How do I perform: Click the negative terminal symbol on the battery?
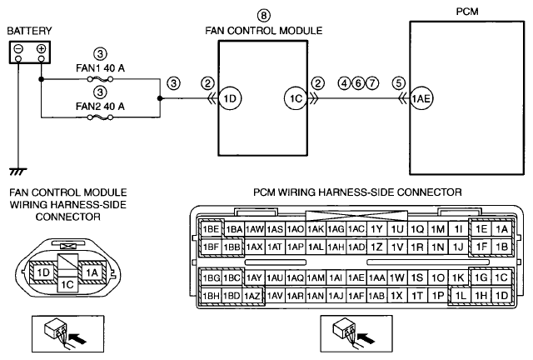[18, 48]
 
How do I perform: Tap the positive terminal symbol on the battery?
[41, 48]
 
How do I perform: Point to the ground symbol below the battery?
[18, 172]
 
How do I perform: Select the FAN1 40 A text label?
[100, 68]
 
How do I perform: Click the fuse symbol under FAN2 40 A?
[100, 117]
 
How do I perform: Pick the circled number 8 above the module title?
[263, 16]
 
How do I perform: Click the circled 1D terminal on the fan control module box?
[230, 98]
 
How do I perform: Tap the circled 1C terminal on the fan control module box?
[296, 98]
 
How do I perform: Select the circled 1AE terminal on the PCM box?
[421, 98]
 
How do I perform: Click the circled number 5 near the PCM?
[398, 83]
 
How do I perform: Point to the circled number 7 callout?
[372, 83]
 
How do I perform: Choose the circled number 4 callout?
[344, 83]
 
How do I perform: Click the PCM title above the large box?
[467, 12]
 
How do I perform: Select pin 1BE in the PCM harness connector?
[211, 229]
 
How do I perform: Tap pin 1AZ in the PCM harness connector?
[252, 296]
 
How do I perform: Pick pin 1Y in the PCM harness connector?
[376, 229]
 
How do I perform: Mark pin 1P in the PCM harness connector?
[438, 296]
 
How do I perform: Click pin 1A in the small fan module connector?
[92, 272]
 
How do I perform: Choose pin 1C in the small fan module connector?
[67, 284]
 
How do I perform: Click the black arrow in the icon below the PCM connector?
[367, 338]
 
